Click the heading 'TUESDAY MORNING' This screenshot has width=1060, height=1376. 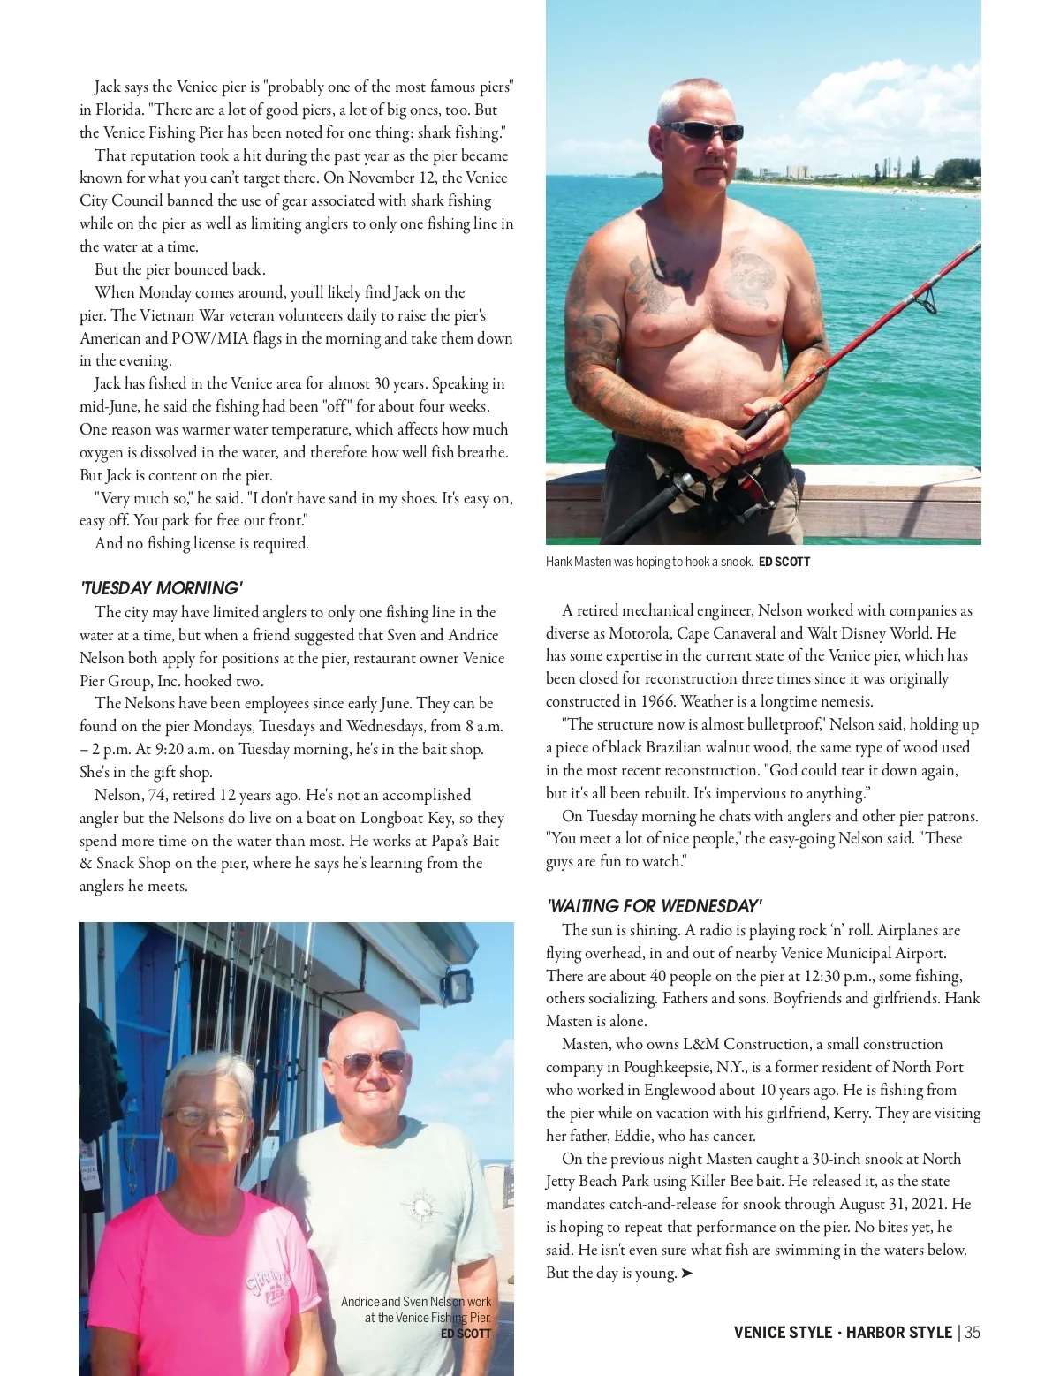click(161, 588)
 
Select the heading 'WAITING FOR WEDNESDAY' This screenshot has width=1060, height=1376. click(654, 906)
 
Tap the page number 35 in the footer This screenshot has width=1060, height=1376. click(972, 1333)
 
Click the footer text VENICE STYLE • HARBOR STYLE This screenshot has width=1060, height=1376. click(843, 1333)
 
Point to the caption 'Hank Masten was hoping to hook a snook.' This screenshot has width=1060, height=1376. click(649, 562)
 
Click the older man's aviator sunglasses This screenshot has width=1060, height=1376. click(374, 1062)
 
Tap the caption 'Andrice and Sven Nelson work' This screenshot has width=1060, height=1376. click(416, 1302)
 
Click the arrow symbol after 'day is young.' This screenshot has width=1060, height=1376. click(687, 1273)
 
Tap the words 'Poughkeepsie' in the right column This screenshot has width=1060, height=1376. click(665, 1067)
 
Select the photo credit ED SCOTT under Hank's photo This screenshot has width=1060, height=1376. click(784, 562)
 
